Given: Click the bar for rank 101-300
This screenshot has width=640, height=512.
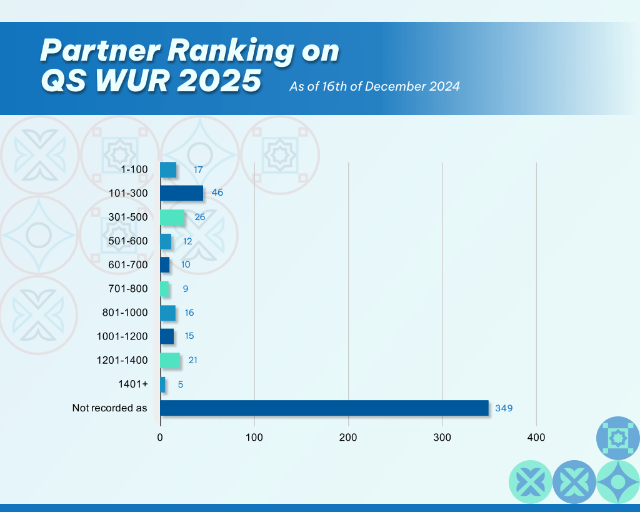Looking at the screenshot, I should [x=182, y=193].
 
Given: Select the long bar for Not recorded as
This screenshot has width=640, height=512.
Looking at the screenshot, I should [x=324, y=408].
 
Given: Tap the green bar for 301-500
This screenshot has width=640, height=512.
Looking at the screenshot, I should [x=172, y=217].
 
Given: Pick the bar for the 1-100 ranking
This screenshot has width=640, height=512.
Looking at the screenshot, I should [x=168, y=169].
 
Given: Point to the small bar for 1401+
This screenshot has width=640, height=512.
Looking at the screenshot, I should [x=163, y=384].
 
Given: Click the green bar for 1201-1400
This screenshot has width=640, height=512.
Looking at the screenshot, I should [x=170, y=361].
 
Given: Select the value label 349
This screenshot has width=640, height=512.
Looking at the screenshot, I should [x=504, y=408].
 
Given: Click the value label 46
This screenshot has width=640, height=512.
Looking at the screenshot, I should [x=217, y=193].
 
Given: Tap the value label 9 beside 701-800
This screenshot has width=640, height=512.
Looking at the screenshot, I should [x=186, y=289].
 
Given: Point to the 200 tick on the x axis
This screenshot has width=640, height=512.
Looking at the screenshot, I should [x=348, y=438].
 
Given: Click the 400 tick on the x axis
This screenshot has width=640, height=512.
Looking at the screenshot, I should [x=536, y=438].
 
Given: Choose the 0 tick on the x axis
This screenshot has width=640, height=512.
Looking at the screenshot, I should [x=160, y=438].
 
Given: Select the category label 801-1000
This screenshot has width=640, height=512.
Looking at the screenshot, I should [x=125, y=313].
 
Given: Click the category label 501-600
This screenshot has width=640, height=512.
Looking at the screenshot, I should [x=127, y=241].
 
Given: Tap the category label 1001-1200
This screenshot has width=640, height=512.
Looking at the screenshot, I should [x=122, y=336].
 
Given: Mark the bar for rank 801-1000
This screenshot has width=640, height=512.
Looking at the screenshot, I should [x=167, y=313].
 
